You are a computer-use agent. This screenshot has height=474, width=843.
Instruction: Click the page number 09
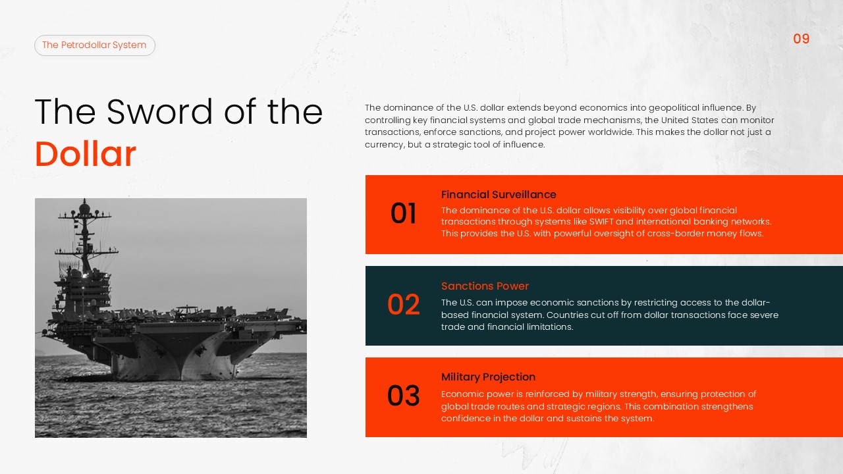801,39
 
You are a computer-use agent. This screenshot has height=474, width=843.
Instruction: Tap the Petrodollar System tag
94,45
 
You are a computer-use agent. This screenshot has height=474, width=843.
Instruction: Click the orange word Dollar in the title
86,155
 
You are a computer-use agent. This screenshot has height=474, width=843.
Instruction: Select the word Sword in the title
161,112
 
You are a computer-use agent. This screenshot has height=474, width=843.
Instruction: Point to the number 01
403,214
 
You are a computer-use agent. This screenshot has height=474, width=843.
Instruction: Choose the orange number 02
403,305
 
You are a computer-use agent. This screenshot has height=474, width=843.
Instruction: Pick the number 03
403,396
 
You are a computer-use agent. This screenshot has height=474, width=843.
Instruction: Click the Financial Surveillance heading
499,195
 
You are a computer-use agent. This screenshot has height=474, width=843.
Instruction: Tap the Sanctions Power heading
485,286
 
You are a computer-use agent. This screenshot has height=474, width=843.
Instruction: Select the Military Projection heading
488,377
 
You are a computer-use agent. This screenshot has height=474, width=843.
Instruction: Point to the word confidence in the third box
466,419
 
